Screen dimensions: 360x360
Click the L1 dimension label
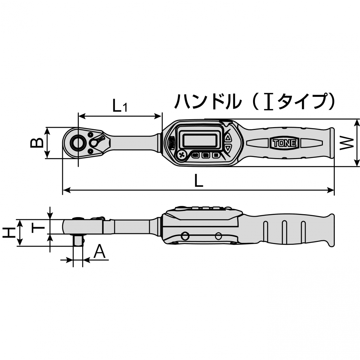(x=120, y=106)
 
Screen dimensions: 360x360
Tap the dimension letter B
(x=37, y=143)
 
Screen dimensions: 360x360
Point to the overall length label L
(x=199, y=181)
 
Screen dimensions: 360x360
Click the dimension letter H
(x=9, y=233)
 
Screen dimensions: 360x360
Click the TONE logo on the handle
(x=284, y=143)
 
